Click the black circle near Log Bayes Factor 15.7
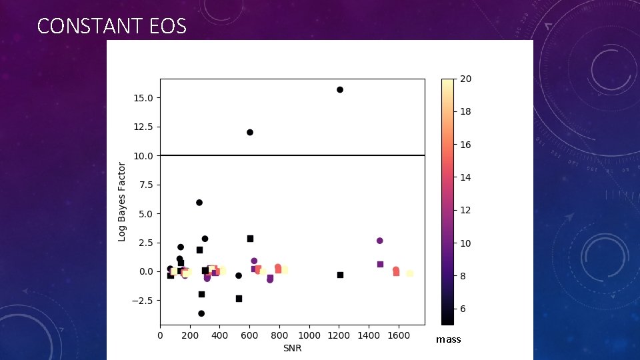tap(340, 89)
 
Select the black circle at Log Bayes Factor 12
tap(250, 132)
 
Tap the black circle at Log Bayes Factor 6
tap(199, 203)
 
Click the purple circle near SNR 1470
tap(380, 241)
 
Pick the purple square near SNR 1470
tap(380, 264)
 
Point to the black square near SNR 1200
tap(340, 275)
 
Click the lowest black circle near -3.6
tap(201, 313)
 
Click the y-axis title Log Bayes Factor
tap(122, 201)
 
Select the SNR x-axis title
tap(291, 348)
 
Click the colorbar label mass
tap(448, 340)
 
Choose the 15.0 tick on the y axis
tap(143, 98)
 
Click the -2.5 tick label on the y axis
tap(142, 301)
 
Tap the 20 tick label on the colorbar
tap(466, 79)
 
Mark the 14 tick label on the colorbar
tap(466, 177)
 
